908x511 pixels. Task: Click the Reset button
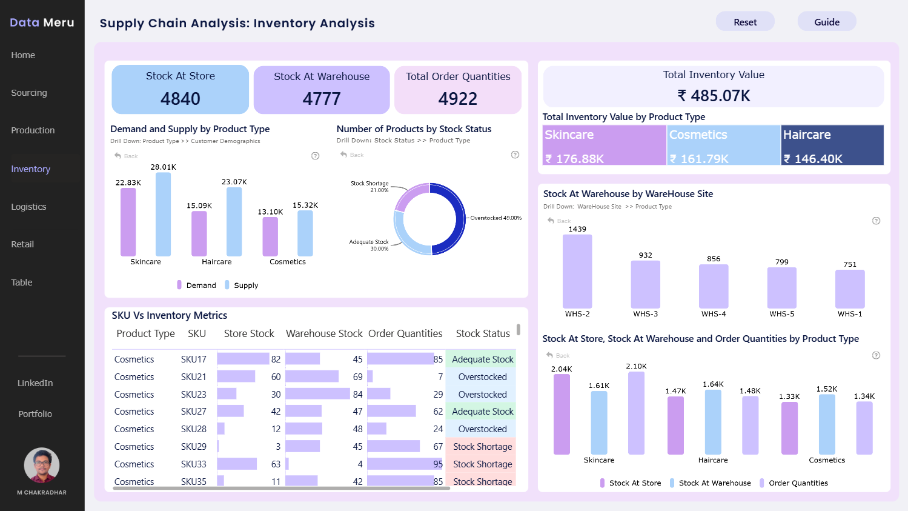click(x=745, y=22)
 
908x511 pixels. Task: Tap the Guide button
click(x=827, y=22)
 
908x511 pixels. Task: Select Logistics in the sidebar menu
click(x=28, y=207)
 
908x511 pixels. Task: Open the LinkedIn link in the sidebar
click(x=35, y=383)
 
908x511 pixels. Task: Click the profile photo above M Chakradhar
click(x=42, y=466)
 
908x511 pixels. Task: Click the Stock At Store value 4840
click(x=181, y=99)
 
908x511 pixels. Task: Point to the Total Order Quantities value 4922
click(x=458, y=99)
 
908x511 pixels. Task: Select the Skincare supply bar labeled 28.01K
click(x=164, y=214)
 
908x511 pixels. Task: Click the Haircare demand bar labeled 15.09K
click(x=199, y=233)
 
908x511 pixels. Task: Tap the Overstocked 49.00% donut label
click(x=495, y=218)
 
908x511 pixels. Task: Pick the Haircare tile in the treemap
click(x=832, y=145)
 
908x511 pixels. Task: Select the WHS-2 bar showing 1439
click(x=577, y=272)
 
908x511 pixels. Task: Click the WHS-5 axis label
click(x=782, y=314)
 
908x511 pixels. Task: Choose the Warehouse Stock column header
click(x=324, y=334)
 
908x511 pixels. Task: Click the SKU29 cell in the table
click(x=193, y=447)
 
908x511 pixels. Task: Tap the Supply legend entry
click(x=242, y=285)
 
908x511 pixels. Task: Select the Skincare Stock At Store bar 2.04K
click(x=562, y=414)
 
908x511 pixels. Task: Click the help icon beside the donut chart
click(x=515, y=155)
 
